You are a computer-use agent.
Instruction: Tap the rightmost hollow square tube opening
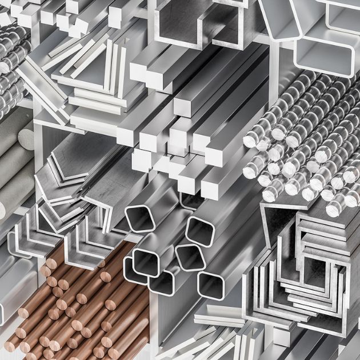pyautogui.click(x=210, y=285)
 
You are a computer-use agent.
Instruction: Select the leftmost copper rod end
pyautogui.click(x=10, y=345)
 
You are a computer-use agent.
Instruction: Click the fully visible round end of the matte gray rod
pyautogui.click(x=26, y=137)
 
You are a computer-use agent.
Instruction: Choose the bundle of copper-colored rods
pyautogui.click(x=80, y=309)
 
